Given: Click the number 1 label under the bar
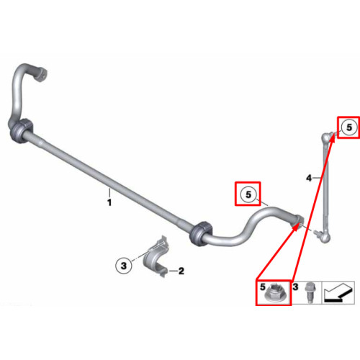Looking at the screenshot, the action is click(109, 202).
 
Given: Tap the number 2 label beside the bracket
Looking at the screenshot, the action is click(181, 271).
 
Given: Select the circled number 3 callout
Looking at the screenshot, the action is click(124, 266).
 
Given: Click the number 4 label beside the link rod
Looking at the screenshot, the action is click(309, 178).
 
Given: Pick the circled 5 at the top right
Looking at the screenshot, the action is click(349, 127).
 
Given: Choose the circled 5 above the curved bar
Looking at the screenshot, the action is click(248, 194).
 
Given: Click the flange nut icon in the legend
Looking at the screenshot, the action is click(274, 293).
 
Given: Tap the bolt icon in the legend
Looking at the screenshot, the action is click(308, 292).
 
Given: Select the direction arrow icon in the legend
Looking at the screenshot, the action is click(339, 292).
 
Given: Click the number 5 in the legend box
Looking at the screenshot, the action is click(263, 287).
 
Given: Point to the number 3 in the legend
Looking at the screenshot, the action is click(295, 287).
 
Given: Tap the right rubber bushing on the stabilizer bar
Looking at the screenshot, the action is click(201, 233).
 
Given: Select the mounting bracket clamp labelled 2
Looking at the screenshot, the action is click(156, 257).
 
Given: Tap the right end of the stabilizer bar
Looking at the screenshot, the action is click(298, 220).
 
